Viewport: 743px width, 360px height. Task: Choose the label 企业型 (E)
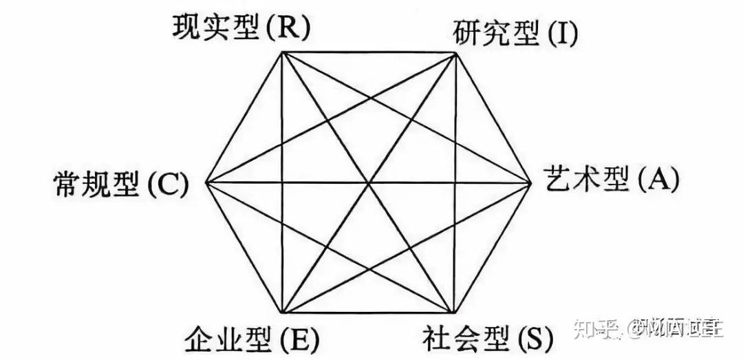tap(252, 339)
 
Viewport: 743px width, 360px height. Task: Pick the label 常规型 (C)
tap(120, 184)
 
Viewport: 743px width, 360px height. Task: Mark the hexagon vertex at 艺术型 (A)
tap(532, 183)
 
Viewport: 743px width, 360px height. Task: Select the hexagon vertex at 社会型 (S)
tap(455, 313)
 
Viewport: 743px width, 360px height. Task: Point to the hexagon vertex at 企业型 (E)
tap(283, 313)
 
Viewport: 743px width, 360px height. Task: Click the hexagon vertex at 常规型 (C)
tap(206, 183)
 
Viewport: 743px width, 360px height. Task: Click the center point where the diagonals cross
tap(369, 183)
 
